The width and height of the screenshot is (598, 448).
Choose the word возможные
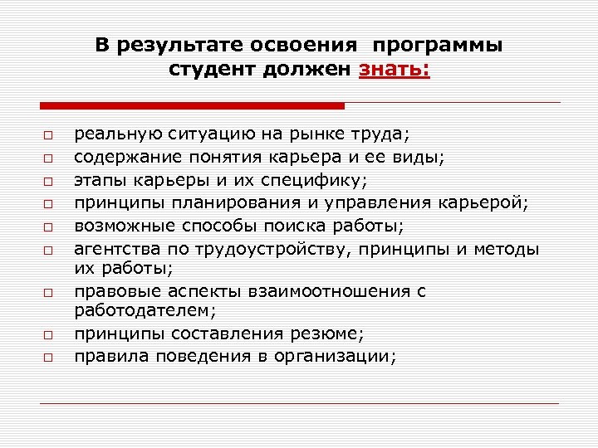(x=120, y=225)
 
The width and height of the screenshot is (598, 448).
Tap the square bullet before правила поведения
(x=49, y=358)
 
